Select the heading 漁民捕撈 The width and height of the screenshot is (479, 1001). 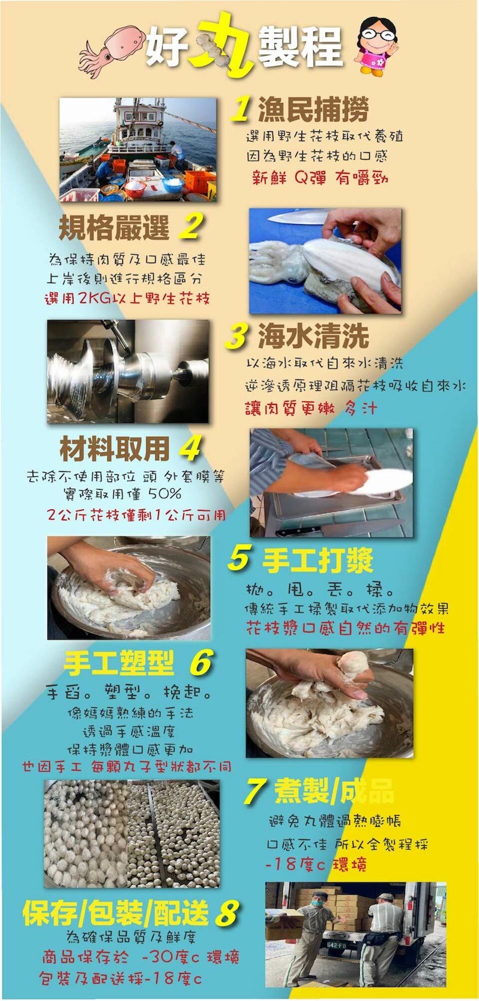point(313,109)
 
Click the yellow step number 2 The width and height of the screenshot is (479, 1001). point(189,227)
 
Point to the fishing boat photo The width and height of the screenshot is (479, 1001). point(138,149)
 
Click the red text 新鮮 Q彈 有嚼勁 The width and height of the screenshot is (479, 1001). point(320,177)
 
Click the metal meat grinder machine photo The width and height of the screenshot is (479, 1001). point(128,371)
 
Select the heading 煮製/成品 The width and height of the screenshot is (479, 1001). point(333,791)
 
